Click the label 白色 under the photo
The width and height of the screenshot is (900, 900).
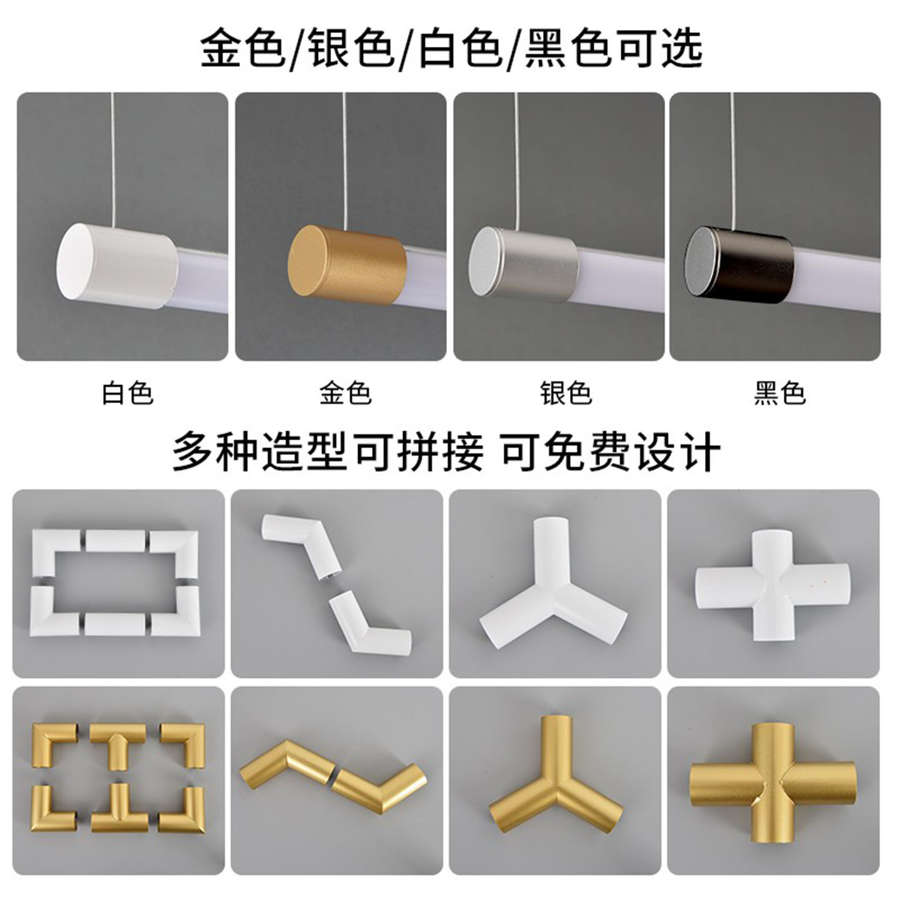(127, 394)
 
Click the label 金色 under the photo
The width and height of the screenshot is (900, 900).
(346, 394)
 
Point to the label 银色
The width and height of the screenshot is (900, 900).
(566, 394)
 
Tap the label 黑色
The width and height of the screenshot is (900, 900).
(779, 394)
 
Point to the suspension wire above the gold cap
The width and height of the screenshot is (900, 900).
(345, 156)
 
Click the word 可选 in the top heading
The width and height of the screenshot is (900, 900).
(661, 47)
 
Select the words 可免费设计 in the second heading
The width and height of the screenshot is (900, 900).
(611, 451)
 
